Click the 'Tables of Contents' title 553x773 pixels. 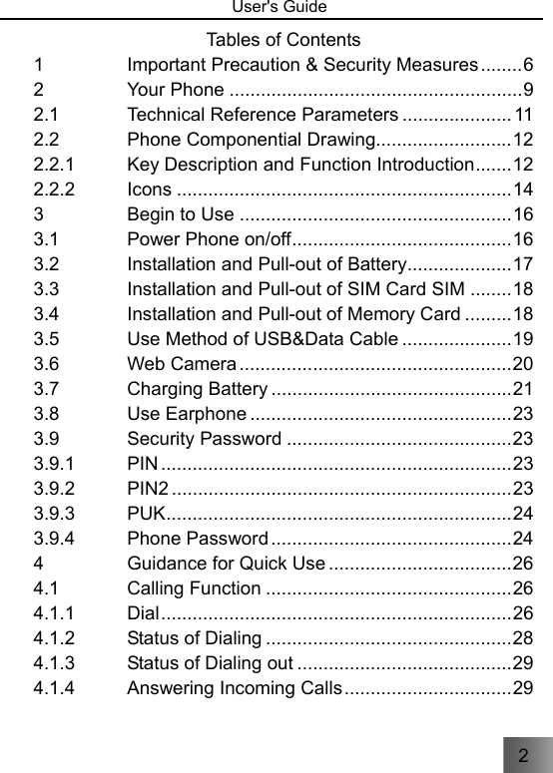283,40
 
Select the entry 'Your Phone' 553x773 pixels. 176,92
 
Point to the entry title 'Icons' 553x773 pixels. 149,189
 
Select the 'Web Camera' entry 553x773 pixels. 182,364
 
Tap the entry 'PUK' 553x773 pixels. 147,513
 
